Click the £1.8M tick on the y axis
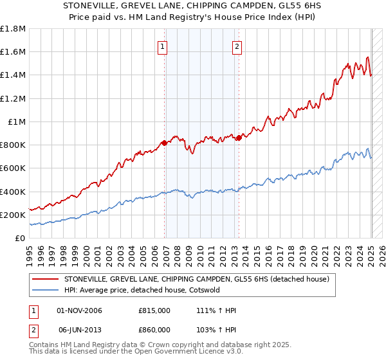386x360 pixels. (13, 29)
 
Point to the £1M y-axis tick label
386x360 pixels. (16, 122)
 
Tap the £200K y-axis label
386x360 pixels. (12, 215)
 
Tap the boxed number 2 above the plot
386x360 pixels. (237, 46)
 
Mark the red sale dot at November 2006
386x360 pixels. (165, 143)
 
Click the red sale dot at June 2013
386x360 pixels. (239, 138)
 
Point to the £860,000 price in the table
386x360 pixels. (154, 329)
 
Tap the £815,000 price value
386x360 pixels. (154, 311)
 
